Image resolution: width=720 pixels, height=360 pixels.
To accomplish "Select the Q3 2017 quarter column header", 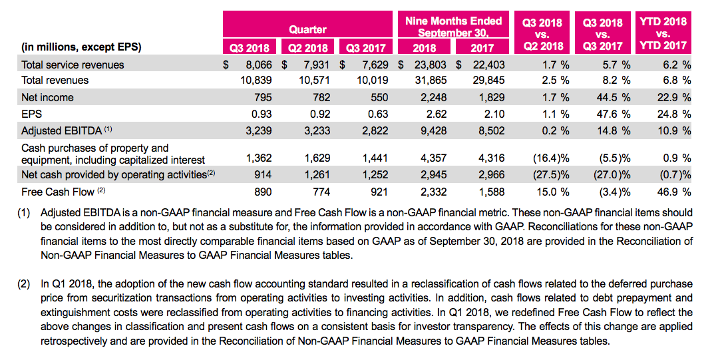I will click(x=363, y=47).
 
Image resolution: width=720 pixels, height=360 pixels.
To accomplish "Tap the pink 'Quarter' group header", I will click(x=307, y=29).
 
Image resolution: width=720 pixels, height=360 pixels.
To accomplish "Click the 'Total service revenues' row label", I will click(x=73, y=65).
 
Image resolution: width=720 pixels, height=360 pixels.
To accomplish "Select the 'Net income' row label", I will click(x=47, y=97).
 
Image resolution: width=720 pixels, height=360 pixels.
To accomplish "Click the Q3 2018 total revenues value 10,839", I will click(x=256, y=81).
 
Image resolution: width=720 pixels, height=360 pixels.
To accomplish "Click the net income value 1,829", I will click(x=491, y=97).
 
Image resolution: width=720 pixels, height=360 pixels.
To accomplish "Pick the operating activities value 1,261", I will click(x=316, y=175).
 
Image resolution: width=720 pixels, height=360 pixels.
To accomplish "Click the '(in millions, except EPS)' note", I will click(x=81, y=47).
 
